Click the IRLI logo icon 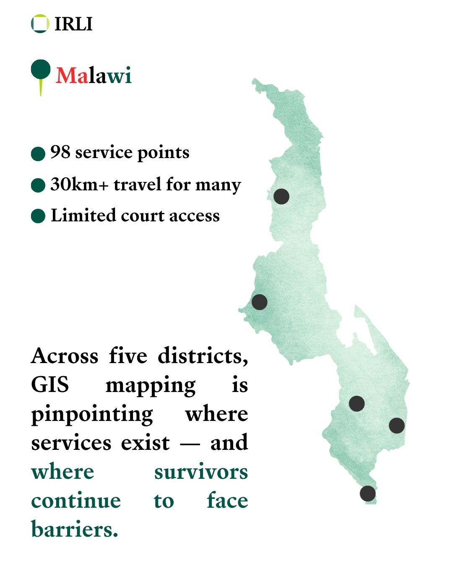(40, 23)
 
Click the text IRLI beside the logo (73, 24)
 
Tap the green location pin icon (41, 71)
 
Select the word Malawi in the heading (94, 76)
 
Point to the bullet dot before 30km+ (38, 185)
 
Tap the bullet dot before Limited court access (38, 216)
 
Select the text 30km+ (79, 184)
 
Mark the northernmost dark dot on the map (281, 196)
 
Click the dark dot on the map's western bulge (259, 302)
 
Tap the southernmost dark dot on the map (367, 493)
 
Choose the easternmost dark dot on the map (396, 426)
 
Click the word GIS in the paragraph (50, 385)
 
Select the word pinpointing (92, 414)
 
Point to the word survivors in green (201, 472)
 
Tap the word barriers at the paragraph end (74, 529)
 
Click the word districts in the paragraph (203, 356)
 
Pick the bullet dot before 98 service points (38, 153)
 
